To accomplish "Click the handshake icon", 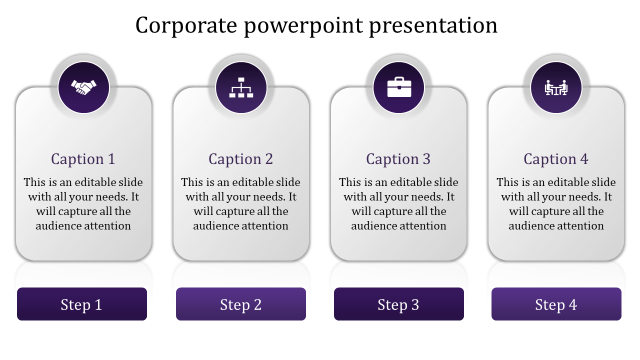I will click(83, 88).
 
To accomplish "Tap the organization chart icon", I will click(241, 88).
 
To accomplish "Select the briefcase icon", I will click(399, 87).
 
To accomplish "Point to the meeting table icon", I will click(556, 88).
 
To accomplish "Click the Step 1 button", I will click(82, 304).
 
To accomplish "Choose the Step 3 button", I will click(399, 304).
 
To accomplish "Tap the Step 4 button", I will click(556, 304).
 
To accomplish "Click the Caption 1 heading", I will click(83, 159).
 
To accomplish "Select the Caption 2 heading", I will click(241, 159).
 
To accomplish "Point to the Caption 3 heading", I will click(398, 159).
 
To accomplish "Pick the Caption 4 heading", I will click(556, 159).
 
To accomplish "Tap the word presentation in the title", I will click(433, 26).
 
